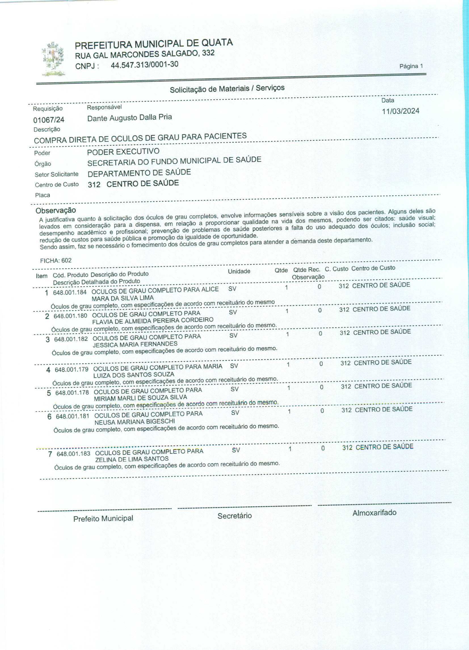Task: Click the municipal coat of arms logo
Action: (53, 59)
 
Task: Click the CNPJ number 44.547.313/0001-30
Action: (144, 65)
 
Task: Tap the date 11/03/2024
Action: (401, 111)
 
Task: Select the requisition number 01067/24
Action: (49, 119)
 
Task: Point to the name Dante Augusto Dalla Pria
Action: (130, 117)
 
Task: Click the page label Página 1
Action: (411, 66)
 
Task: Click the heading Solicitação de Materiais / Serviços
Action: (227, 89)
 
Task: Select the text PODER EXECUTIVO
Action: (123, 152)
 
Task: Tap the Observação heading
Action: (56, 210)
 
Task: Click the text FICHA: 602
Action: (56, 260)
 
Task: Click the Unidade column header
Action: (239, 271)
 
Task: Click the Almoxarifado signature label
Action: (375, 513)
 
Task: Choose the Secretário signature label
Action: (234, 516)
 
